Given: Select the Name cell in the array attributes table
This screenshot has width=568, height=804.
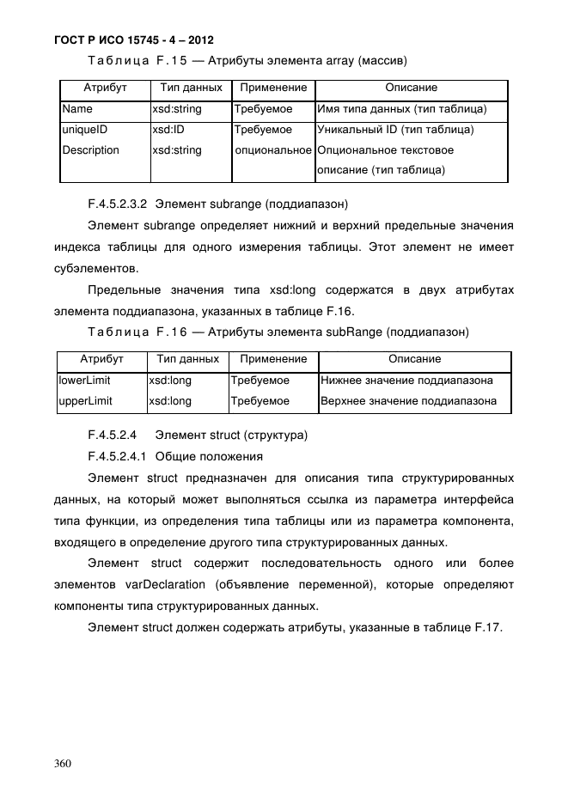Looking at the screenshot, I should point(77,110).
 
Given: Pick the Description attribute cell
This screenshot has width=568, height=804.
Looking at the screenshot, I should point(90,150).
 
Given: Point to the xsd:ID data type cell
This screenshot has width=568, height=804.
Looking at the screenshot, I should point(168,131).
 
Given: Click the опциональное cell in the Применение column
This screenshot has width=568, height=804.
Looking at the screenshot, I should point(273,150).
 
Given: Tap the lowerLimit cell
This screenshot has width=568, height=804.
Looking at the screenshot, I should point(84,381).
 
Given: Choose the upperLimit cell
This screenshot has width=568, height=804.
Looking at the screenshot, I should point(85,401).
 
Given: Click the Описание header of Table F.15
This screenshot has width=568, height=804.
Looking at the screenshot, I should point(411,88).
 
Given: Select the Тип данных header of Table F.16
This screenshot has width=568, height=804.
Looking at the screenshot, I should point(184,359).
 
